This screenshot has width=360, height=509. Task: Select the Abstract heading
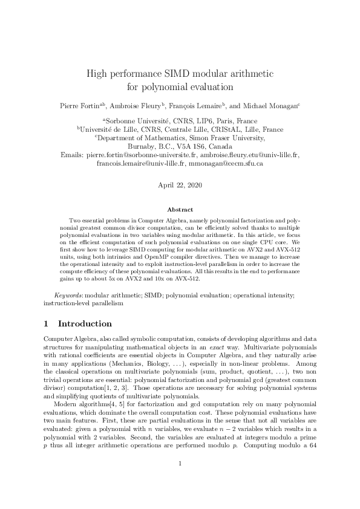(x=180, y=209)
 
